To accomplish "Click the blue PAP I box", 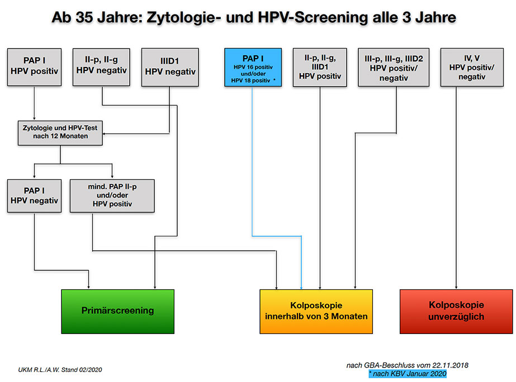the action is tap(253, 68).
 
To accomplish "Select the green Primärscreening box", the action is tap(117, 311).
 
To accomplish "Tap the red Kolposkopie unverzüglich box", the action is tap(456, 311).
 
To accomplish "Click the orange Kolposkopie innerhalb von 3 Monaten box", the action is tap(316, 311).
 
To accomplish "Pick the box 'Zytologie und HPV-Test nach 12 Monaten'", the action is tap(60, 133).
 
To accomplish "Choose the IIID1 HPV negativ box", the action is tap(170, 68).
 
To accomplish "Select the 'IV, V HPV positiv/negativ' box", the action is tap(472, 68).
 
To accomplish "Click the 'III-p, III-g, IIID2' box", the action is tap(393, 68).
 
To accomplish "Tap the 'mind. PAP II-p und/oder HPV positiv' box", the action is tap(112, 195).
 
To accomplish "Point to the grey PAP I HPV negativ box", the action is tap(34, 195).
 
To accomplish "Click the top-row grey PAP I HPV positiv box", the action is tap(34, 67).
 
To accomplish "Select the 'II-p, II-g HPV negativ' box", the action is tap(101, 67).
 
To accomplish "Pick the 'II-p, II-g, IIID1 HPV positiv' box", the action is tap(320, 68).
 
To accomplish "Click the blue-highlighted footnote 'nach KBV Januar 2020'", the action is tap(408, 374).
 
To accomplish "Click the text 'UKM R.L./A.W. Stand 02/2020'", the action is tap(60, 370).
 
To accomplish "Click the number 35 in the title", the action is tap(84, 17).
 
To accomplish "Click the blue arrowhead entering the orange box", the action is tap(301, 288).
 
